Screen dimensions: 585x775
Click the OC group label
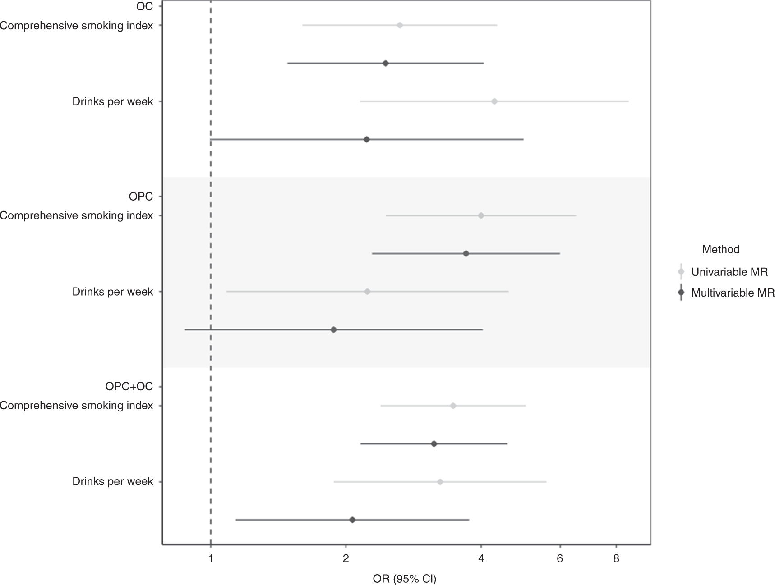(x=144, y=6)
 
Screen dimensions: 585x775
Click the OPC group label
(x=140, y=197)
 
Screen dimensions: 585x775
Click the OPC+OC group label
(x=129, y=387)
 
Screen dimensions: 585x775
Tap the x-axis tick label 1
(x=211, y=559)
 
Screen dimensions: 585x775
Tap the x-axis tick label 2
(x=346, y=559)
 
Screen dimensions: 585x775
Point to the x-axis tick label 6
(x=560, y=559)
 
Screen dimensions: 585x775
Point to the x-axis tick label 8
(x=616, y=559)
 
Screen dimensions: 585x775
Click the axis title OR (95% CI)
(x=405, y=579)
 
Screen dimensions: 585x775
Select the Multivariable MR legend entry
(x=733, y=293)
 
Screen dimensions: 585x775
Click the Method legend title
(x=720, y=249)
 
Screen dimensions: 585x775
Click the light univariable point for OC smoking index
(x=400, y=25)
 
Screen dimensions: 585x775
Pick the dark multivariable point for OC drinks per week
(x=367, y=140)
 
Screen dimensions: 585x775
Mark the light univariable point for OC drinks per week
(x=494, y=101)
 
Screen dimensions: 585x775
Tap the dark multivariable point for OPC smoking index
(x=466, y=254)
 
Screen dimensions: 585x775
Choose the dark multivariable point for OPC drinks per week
(x=334, y=330)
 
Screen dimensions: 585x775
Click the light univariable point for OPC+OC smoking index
(x=453, y=406)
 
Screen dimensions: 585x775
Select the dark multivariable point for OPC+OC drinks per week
(x=353, y=520)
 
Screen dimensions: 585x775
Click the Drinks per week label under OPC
(x=113, y=292)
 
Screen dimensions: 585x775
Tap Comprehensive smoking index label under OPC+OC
(x=76, y=406)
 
